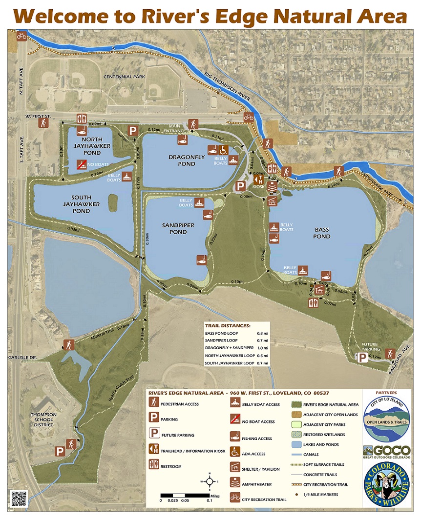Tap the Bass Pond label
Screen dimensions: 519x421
[322, 233]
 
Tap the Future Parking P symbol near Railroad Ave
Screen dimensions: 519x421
[362, 358]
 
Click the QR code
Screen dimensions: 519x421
[18, 499]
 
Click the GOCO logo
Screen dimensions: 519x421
[386, 451]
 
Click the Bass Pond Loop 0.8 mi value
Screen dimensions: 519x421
[260, 333]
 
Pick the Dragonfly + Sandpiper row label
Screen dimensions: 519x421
[229, 348]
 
